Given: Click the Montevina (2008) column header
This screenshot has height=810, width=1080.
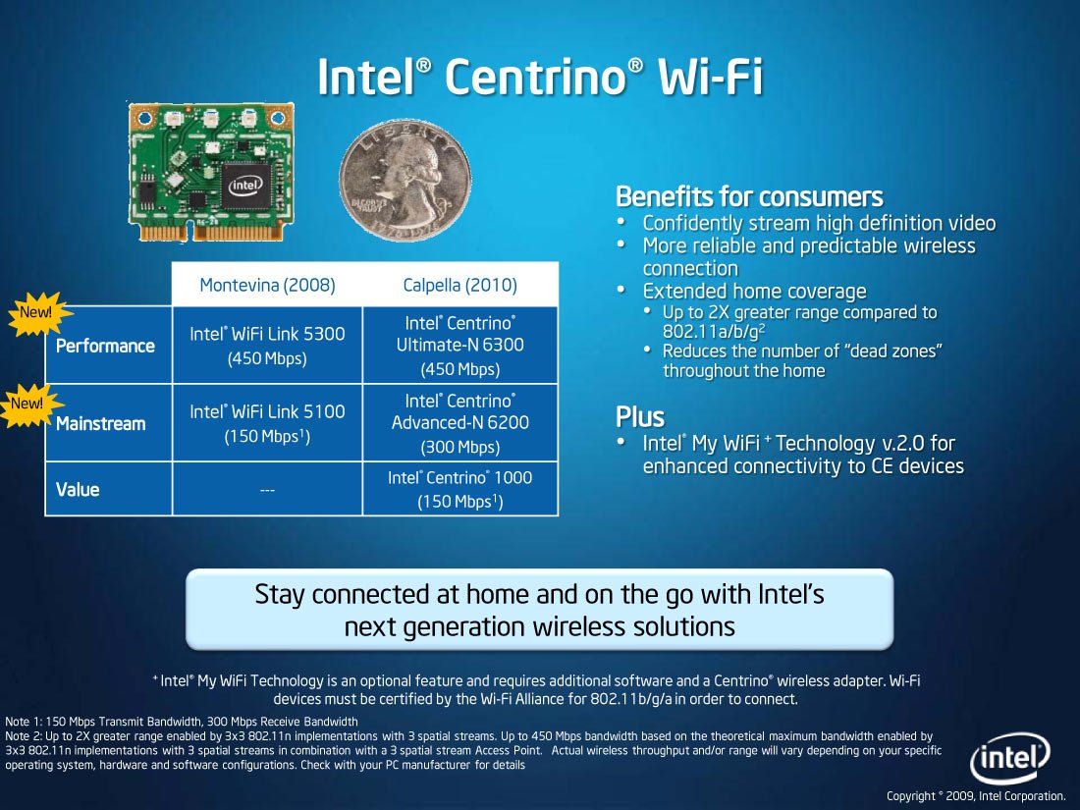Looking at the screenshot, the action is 267,285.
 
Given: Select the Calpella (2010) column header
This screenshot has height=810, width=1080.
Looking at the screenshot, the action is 460,285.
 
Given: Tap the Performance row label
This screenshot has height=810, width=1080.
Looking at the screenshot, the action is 105,346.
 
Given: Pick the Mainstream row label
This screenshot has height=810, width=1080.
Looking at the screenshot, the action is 100,423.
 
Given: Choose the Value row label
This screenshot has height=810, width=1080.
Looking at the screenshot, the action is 78,490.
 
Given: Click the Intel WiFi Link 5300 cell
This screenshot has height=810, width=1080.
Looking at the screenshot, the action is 267,346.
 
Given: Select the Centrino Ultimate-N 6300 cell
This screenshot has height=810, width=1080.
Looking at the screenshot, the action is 460,346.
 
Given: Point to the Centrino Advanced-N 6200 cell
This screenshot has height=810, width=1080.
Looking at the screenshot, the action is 460,423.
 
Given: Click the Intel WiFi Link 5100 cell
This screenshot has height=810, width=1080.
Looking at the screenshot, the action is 267,423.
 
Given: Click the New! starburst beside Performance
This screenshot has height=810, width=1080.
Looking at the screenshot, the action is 38,313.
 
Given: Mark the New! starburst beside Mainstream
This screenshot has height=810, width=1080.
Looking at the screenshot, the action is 28,405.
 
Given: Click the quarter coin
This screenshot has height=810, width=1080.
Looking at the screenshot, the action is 405,181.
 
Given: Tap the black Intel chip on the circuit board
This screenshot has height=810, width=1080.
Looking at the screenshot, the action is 245,186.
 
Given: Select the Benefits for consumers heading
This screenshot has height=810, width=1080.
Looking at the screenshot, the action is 749,196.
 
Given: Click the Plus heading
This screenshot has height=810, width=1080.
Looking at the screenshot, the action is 640,417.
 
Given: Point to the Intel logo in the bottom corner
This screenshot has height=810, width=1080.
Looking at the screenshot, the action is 1009,758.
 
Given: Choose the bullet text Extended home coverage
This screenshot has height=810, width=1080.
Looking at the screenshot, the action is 754,292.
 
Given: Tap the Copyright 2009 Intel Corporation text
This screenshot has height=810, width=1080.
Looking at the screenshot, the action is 976,795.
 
